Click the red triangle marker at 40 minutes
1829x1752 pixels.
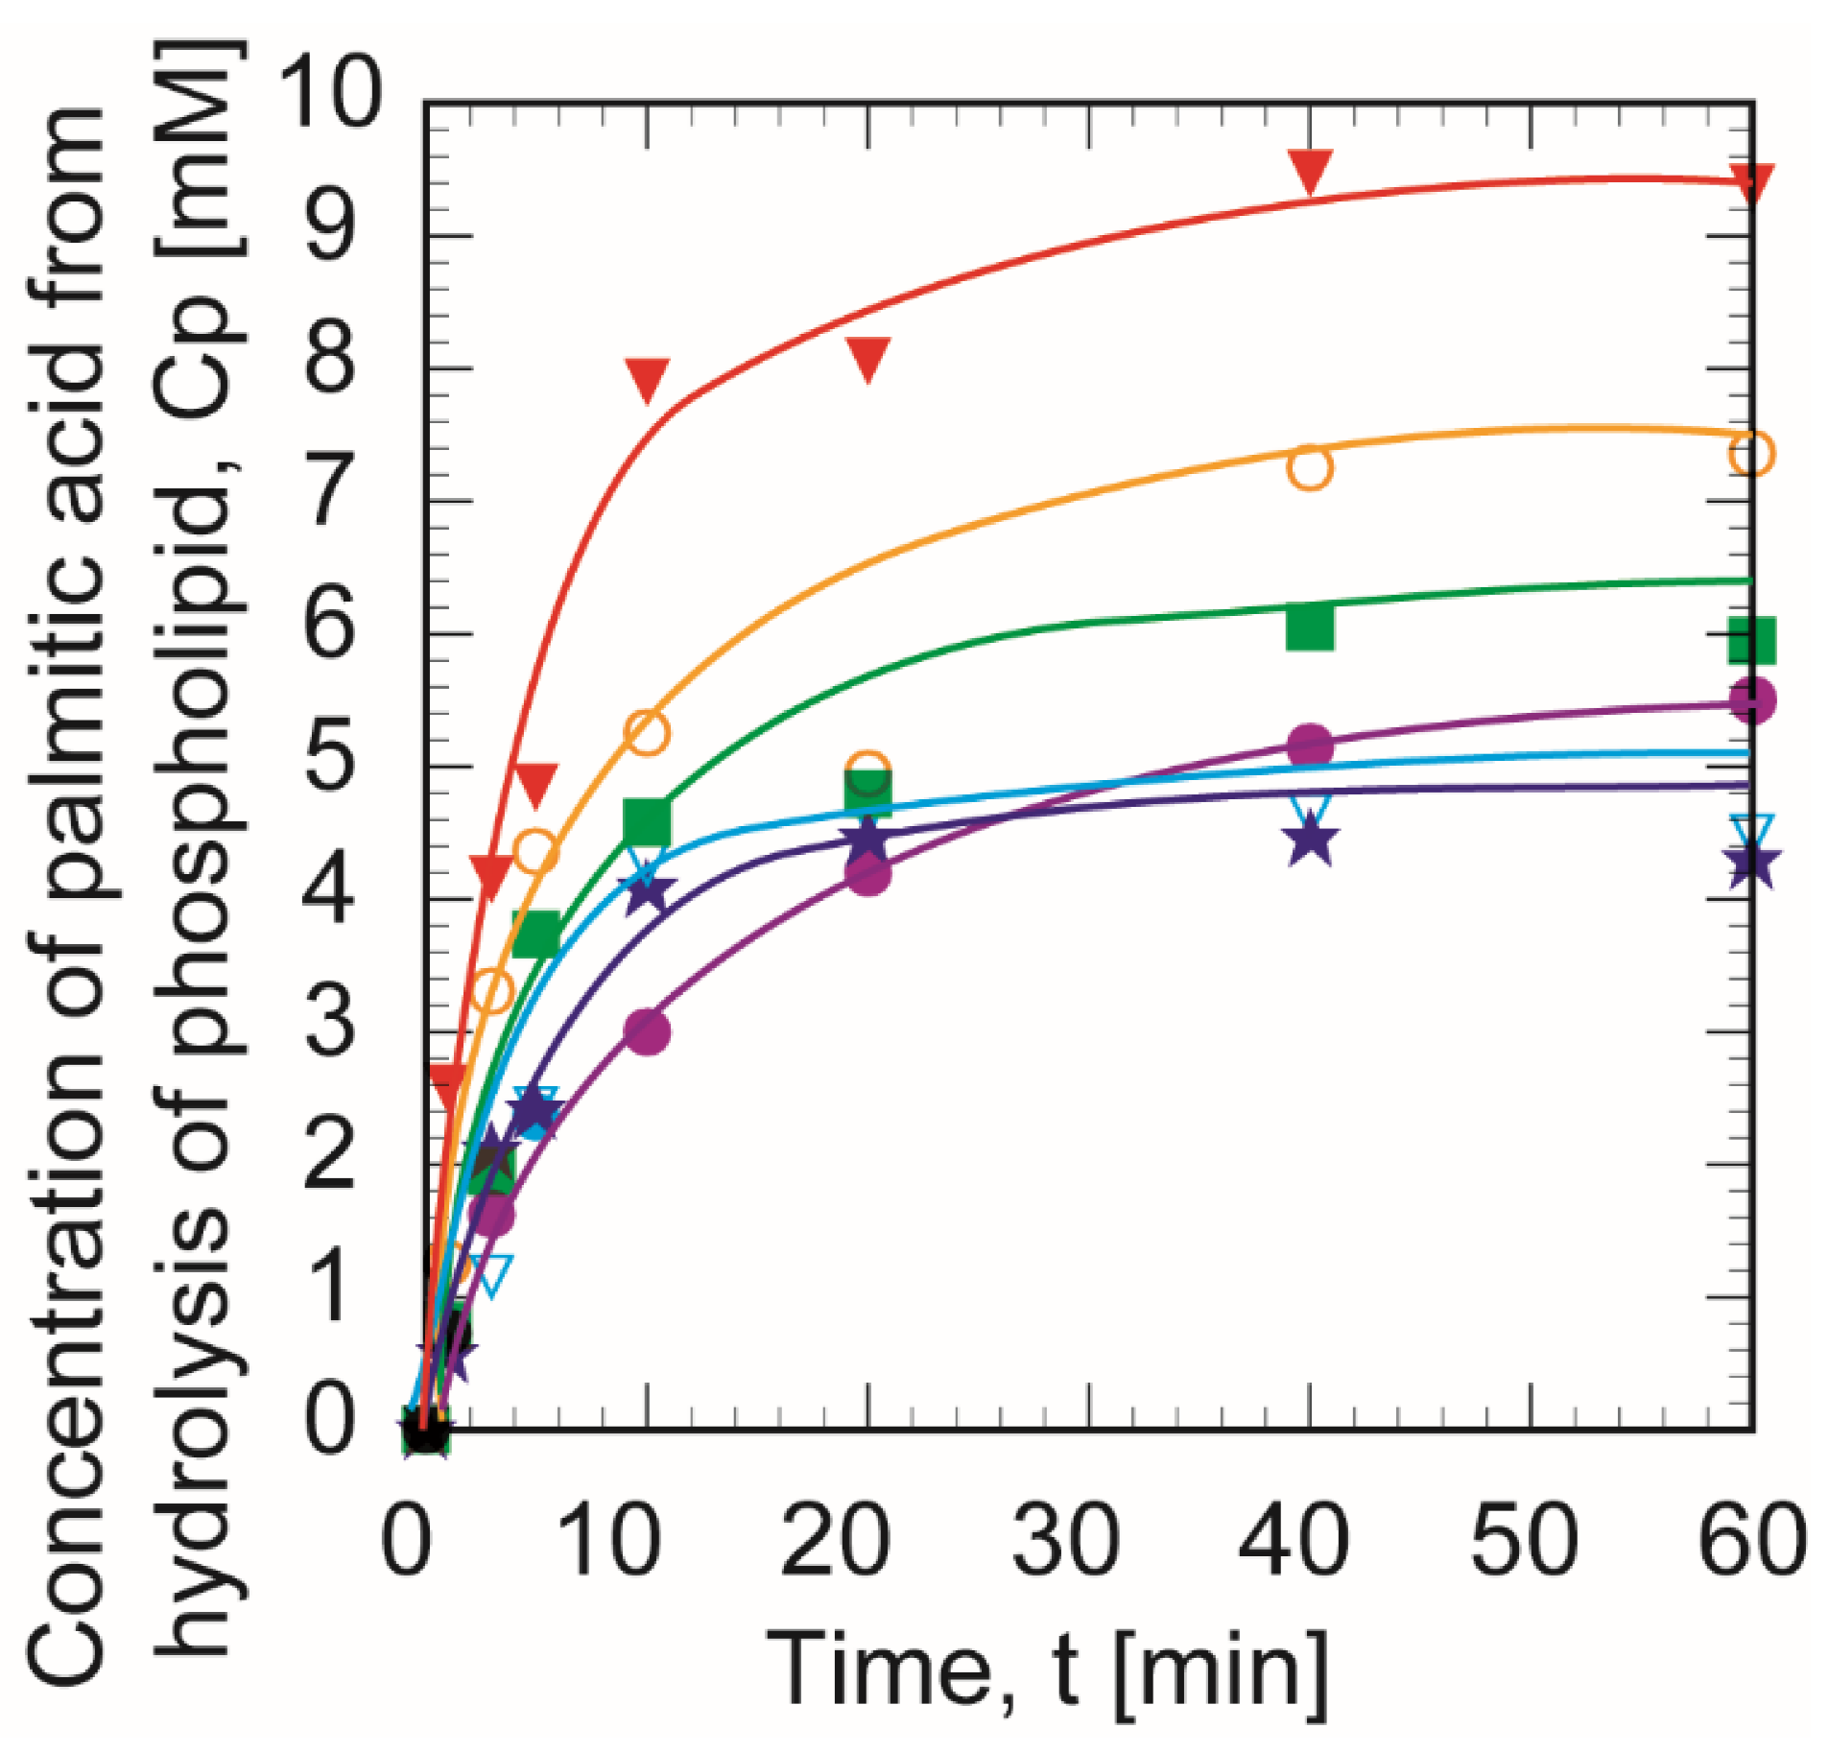point(1310,171)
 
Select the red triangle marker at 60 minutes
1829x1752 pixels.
point(1750,182)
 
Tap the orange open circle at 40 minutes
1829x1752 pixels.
point(1310,467)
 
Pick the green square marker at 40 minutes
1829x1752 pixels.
point(1310,627)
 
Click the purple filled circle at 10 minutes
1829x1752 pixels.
point(647,1032)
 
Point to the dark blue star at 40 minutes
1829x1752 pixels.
point(1310,841)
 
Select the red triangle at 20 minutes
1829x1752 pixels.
point(868,358)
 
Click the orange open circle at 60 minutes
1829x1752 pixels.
point(1750,452)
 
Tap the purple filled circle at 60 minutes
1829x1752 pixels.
point(1750,699)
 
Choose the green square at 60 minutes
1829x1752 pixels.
point(1750,640)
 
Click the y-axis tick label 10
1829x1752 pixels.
point(328,93)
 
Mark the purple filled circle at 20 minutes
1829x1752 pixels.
point(868,873)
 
